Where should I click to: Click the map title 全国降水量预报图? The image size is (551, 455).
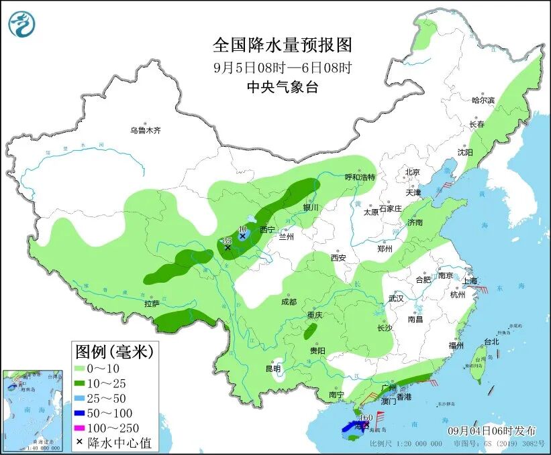(282, 45)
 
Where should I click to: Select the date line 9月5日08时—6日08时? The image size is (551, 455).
(282, 67)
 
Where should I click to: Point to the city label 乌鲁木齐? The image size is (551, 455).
(146, 130)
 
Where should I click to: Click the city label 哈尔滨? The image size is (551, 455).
(483, 100)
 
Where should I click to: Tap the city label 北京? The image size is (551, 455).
(412, 172)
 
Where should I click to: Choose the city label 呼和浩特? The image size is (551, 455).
(360, 177)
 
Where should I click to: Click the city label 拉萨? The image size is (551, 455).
(152, 304)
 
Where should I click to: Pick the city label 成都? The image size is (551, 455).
(289, 302)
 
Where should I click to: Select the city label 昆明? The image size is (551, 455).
(273, 368)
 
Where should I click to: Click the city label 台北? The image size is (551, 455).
(491, 341)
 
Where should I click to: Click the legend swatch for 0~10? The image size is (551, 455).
(85, 368)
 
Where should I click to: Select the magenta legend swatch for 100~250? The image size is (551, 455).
(85, 428)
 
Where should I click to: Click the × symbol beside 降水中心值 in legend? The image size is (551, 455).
(81, 442)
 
